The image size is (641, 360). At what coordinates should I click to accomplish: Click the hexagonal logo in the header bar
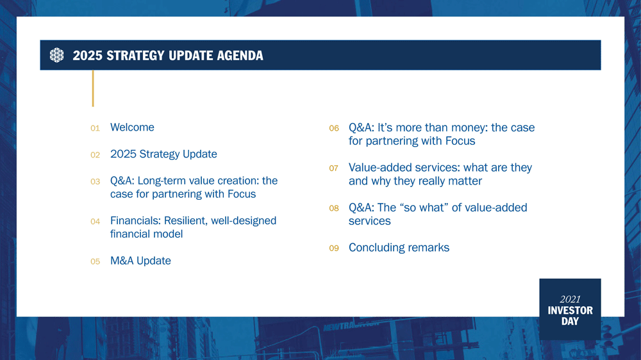pyautogui.click(x=57, y=56)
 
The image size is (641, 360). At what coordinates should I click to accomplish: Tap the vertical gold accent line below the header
pyautogui.click(x=93, y=88)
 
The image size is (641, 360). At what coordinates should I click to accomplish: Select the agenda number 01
pyautogui.click(x=95, y=129)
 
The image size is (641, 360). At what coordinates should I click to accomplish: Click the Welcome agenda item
pyautogui.click(x=132, y=127)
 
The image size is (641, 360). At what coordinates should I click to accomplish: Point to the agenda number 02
pyautogui.click(x=95, y=155)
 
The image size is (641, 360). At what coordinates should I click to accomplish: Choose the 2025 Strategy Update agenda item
pyautogui.click(x=163, y=154)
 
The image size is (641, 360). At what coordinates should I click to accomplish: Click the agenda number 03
pyautogui.click(x=95, y=182)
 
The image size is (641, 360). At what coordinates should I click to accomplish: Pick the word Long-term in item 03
pyautogui.click(x=162, y=181)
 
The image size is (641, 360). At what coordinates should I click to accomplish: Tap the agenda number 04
pyautogui.click(x=95, y=222)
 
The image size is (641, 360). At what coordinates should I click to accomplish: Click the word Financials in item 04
pyautogui.click(x=135, y=221)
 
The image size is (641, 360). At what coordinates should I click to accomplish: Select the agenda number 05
pyautogui.click(x=95, y=262)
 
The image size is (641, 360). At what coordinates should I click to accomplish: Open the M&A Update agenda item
pyautogui.click(x=140, y=261)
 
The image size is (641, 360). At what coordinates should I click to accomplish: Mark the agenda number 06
pyautogui.click(x=333, y=129)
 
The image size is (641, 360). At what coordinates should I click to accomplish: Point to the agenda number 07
pyautogui.click(x=333, y=168)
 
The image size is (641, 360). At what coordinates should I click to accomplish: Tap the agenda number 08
pyautogui.click(x=333, y=209)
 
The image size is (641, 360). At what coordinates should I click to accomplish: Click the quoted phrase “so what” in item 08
pyautogui.click(x=422, y=208)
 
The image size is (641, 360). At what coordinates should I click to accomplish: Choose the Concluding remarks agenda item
pyautogui.click(x=399, y=248)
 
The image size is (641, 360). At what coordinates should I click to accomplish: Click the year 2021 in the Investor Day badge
pyautogui.click(x=570, y=299)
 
